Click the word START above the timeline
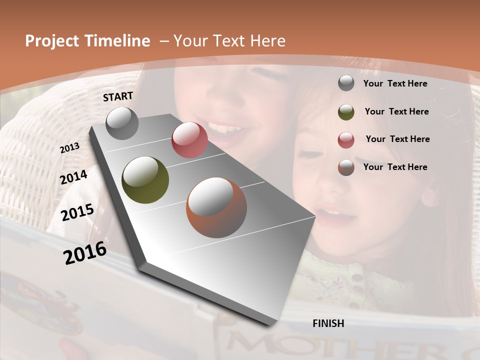[x=118, y=96]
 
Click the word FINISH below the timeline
[x=328, y=323]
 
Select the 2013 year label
[x=70, y=148]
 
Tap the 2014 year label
[x=74, y=177]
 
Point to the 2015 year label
[x=77, y=212]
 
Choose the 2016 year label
[x=85, y=253]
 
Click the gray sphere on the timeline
[x=122, y=123]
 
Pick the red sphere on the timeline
[x=189, y=140]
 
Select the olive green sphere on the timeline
[x=145, y=180]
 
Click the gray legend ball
[x=346, y=83]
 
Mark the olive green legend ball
[x=346, y=111]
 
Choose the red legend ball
[x=346, y=139]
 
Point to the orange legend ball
[x=346, y=167]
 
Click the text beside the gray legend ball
[x=395, y=83]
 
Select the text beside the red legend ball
[x=397, y=139]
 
